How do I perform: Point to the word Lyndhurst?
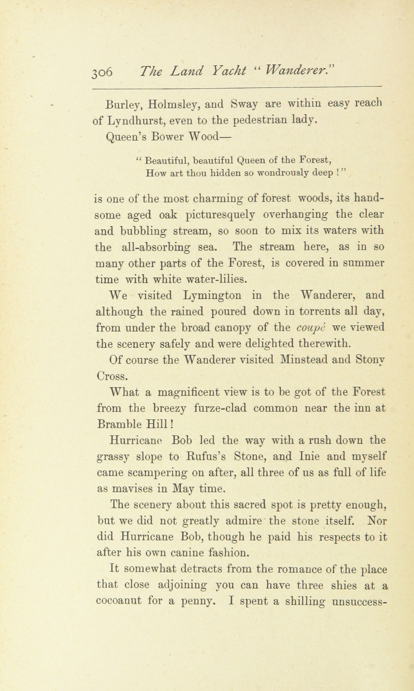point(136,120)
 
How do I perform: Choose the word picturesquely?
point(220,215)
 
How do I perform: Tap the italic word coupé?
point(311,327)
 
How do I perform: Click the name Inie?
point(308,457)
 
